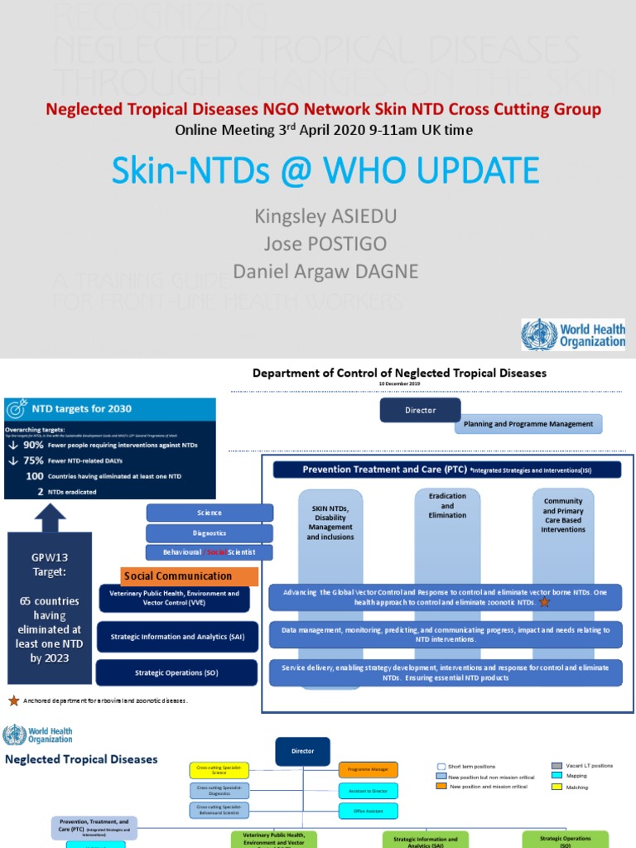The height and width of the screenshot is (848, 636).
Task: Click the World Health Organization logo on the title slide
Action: (x=573, y=334)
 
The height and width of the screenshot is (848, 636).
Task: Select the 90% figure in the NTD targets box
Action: (x=33, y=445)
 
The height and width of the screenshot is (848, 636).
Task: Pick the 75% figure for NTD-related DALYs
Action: (x=33, y=460)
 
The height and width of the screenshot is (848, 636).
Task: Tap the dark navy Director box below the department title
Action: (x=419, y=410)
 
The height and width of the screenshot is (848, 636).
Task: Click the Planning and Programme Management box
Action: (x=528, y=424)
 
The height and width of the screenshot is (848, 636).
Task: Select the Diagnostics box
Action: (x=210, y=533)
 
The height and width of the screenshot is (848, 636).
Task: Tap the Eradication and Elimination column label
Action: (x=447, y=505)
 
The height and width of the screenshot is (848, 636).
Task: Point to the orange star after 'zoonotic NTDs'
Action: (x=544, y=602)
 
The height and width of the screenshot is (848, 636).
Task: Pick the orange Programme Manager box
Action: (x=368, y=769)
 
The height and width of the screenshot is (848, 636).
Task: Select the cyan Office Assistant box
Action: (x=368, y=811)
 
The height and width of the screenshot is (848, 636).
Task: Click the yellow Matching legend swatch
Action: (x=556, y=787)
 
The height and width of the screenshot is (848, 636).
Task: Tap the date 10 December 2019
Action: (x=399, y=384)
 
